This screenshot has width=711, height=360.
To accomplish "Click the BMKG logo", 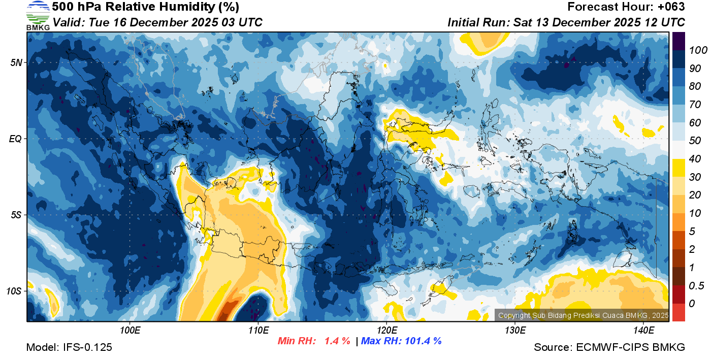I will click(x=38, y=15).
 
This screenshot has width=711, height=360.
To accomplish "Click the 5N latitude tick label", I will click(x=16, y=62).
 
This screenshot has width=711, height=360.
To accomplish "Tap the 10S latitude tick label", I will click(x=14, y=291).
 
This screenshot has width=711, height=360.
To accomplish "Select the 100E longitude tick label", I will click(x=130, y=331).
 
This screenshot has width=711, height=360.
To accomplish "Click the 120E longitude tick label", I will click(x=386, y=331).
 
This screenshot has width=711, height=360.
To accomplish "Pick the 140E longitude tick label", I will click(x=643, y=331).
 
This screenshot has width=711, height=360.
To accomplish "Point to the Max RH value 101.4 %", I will click(x=422, y=341).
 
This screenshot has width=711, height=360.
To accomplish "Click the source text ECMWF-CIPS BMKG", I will click(x=630, y=348).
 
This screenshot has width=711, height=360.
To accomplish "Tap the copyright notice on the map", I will click(x=582, y=315).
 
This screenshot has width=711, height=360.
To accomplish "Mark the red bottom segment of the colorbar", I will click(x=678, y=312).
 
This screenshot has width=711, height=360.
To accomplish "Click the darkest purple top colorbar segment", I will click(x=678, y=41).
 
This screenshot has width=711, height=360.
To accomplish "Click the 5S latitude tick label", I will click(x=16, y=215).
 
